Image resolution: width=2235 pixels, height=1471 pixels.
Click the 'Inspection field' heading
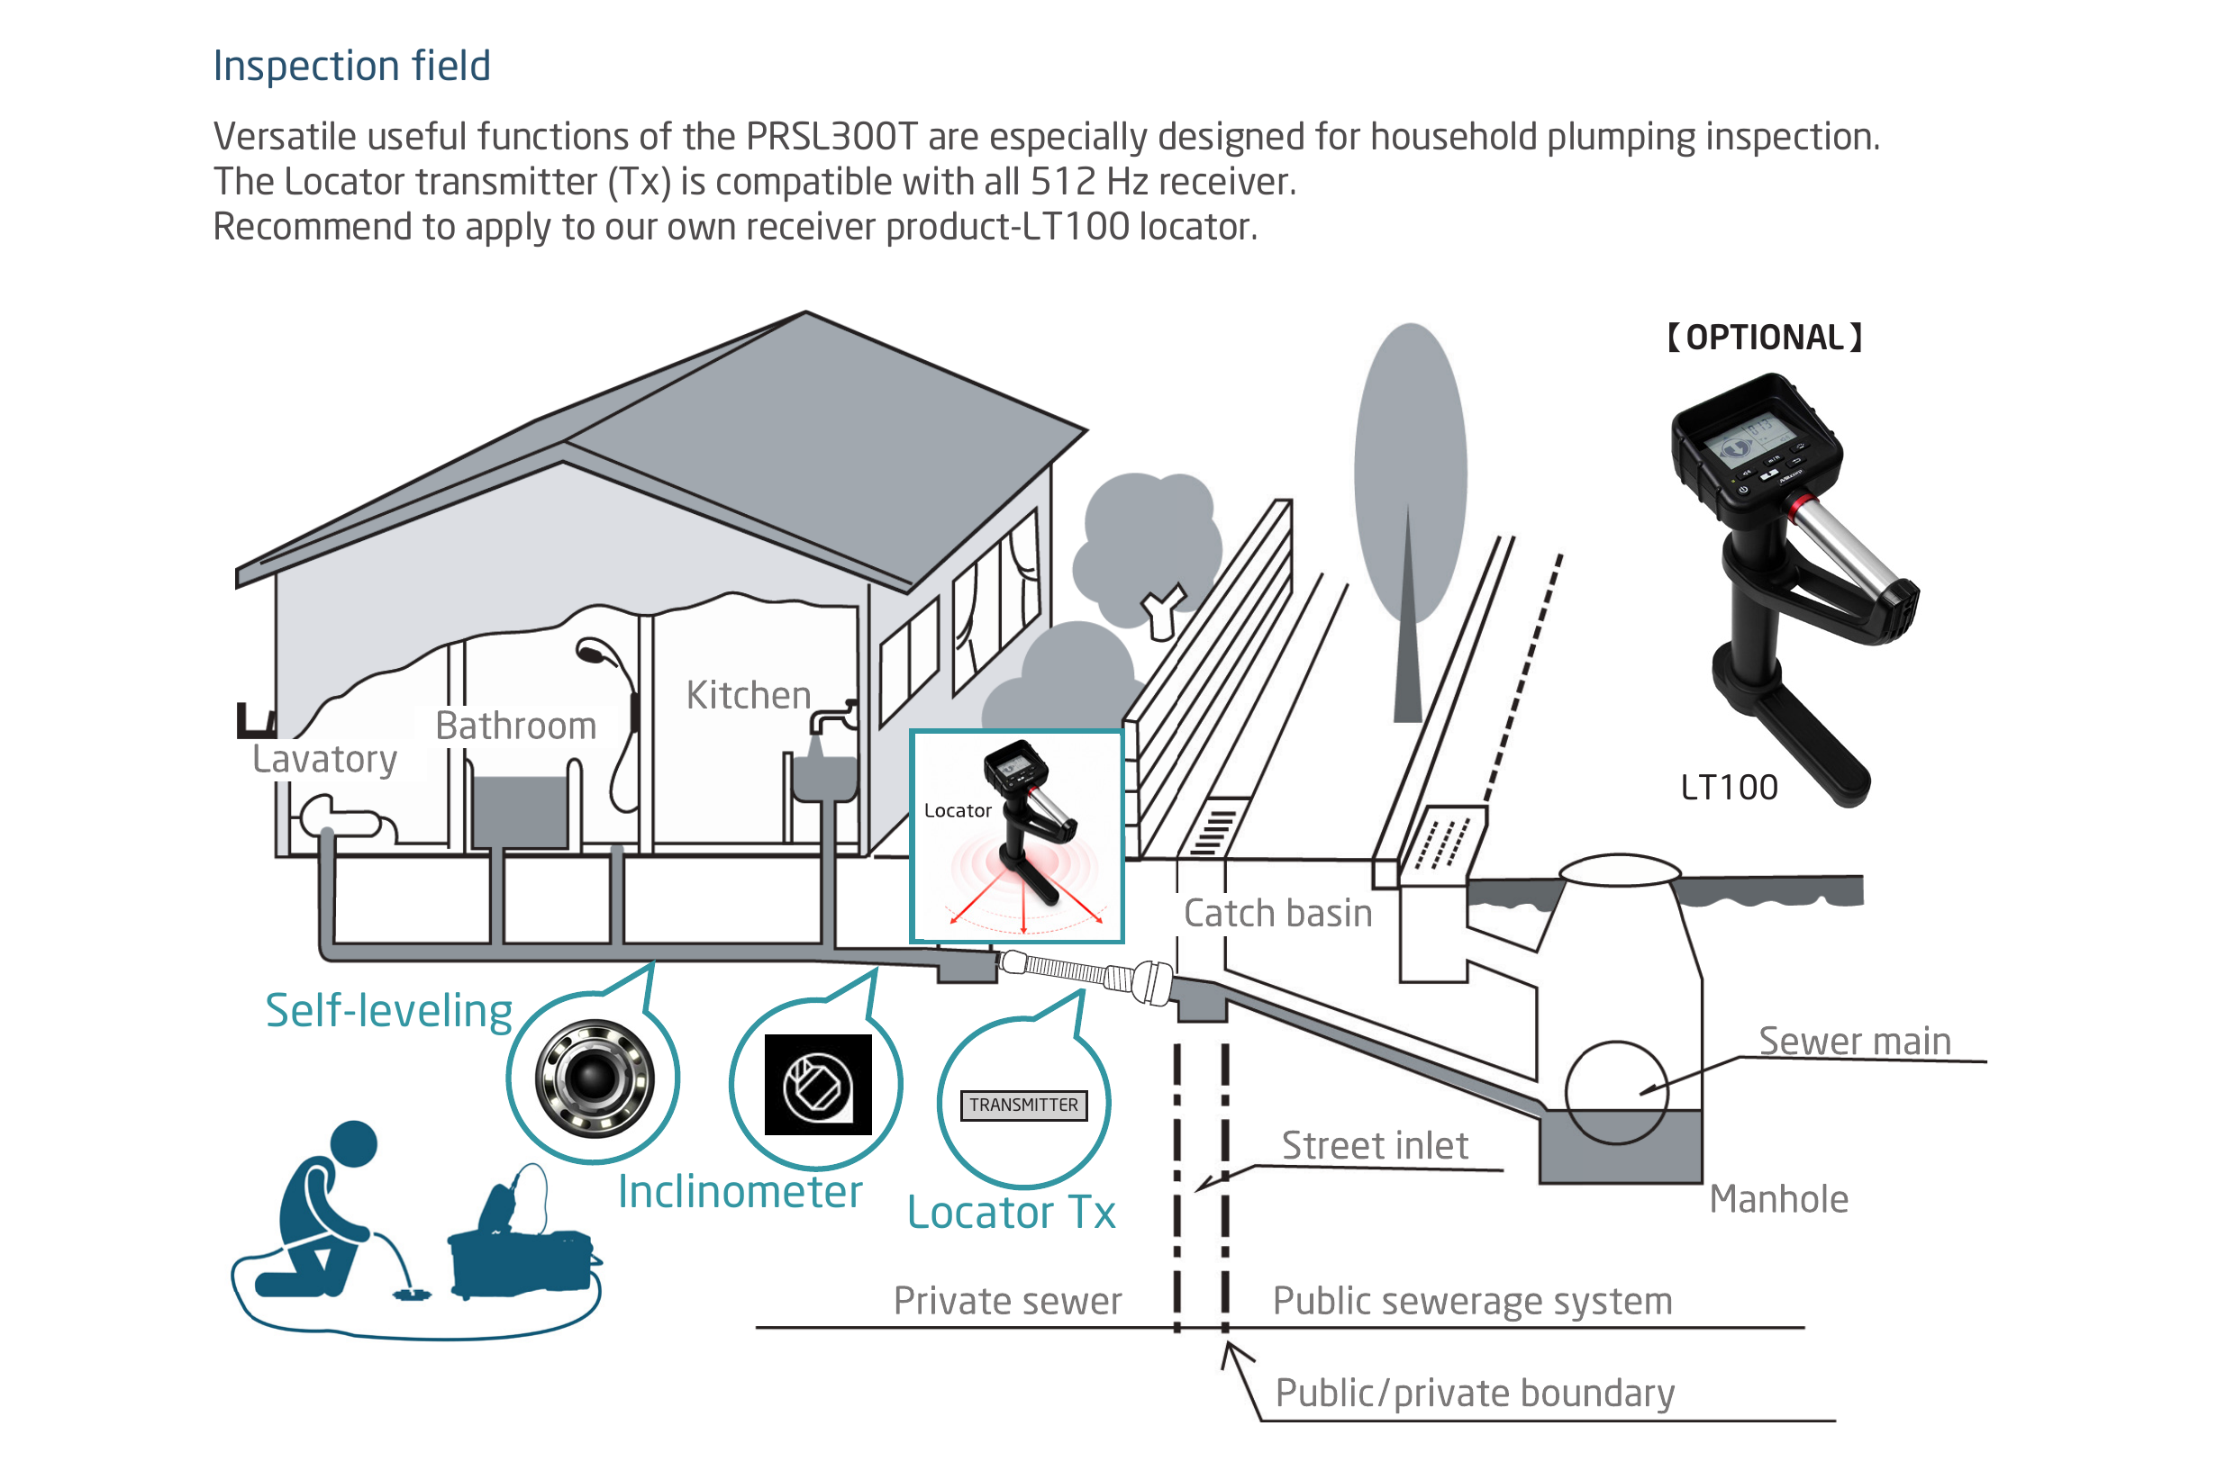(x=352, y=66)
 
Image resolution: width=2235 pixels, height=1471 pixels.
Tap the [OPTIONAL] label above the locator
(x=1765, y=337)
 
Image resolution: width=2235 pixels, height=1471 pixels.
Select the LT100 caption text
(x=1729, y=787)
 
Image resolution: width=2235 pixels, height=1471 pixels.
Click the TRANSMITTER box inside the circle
(x=1023, y=1105)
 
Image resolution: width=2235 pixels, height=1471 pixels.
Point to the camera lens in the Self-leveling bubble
(x=594, y=1078)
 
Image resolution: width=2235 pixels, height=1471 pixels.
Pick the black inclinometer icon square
(x=818, y=1084)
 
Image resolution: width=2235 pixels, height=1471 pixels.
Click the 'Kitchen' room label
(x=749, y=696)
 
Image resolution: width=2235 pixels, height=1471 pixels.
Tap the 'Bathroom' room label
(x=515, y=726)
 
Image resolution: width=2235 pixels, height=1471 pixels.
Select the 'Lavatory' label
(x=325, y=759)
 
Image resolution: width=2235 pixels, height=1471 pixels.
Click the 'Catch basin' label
(x=1278, y=914)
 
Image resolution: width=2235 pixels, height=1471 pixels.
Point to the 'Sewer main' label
(x=1855, y=1041)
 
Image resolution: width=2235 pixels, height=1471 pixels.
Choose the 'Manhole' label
(x=1778, y=1199)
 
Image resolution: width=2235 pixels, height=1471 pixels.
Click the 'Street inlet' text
(x=1375, y=1145)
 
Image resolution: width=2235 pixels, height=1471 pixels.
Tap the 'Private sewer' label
(x=1008, y=1301)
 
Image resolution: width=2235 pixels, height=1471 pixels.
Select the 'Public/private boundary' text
(x=1476, y=1393)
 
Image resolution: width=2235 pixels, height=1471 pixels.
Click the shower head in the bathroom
(x=595, y=650)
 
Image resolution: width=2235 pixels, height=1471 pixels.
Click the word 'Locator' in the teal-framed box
(x=957, y=811)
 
